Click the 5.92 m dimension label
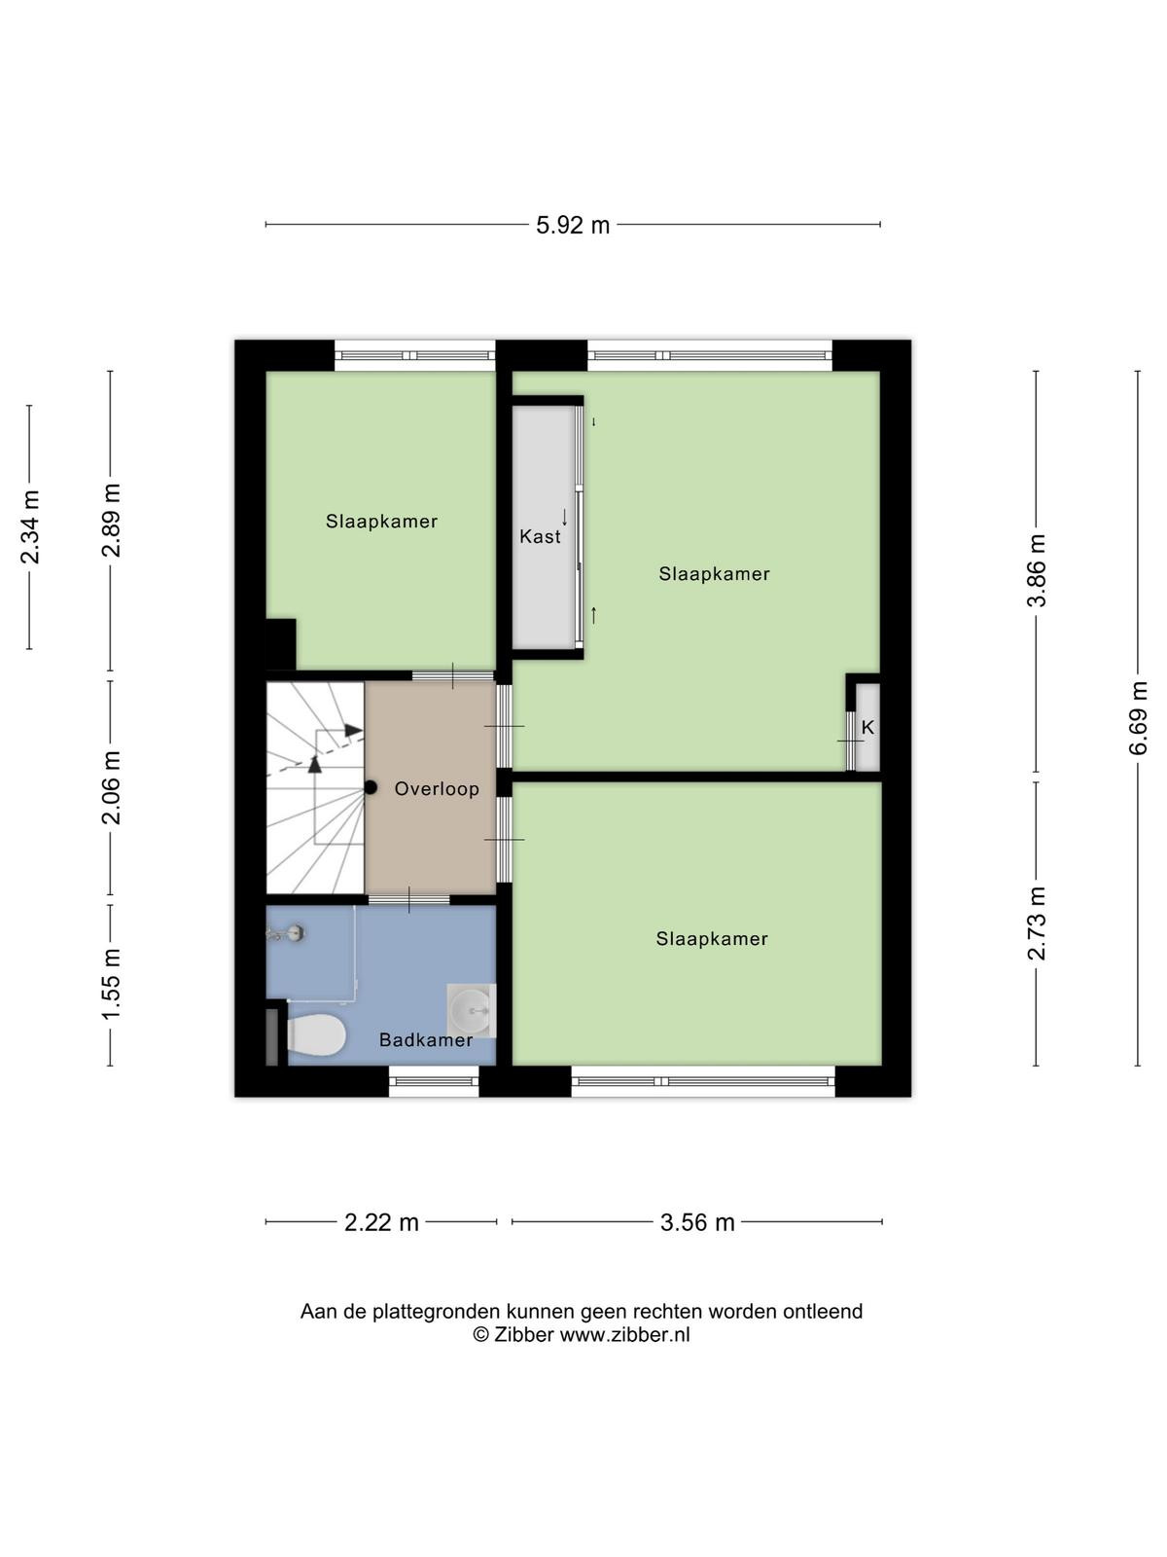click(573, 225)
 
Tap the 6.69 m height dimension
click(1137, 718)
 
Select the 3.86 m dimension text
click(1036, 570)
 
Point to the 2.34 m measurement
click(29, 526)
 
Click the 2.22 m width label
click(381, 1222)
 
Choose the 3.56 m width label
click(697, 1222)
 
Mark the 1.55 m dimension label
click(111, 984)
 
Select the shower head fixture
click(287, 933)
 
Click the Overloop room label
click(437, 789)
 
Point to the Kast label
click(540, 536)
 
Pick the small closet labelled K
click(867, 727)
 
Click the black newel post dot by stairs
click(371, 786)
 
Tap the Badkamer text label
click(426, 1040)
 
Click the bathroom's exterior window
click(434, 1081)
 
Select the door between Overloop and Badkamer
click(408, 899)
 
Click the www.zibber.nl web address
click(624, 1334)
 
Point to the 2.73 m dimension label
click(1036, 923)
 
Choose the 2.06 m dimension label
click(111, 787)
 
